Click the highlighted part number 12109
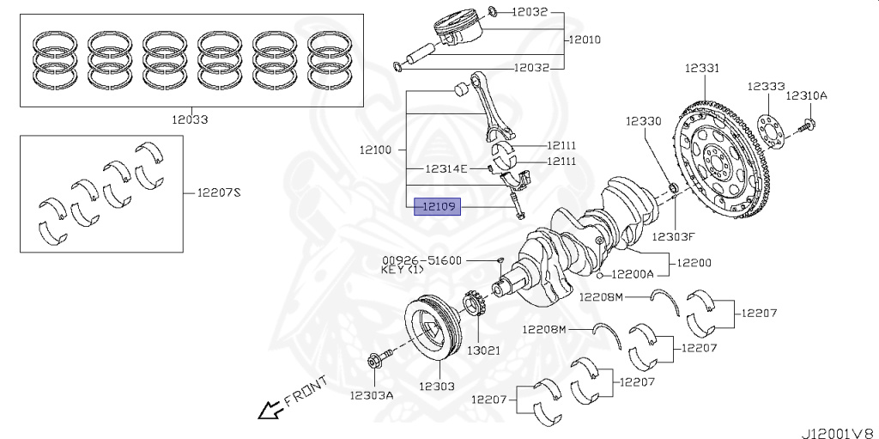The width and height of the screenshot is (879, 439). tap(438, 207)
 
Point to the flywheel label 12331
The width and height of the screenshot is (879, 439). tap(702, 68)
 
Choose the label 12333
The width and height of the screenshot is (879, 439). tap(765, 87)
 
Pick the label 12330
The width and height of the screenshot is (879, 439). tap(643, 122)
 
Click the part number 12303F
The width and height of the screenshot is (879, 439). tap(671, 235)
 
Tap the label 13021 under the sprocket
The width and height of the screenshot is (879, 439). tap(483, 351)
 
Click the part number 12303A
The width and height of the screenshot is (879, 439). tap(371, 395)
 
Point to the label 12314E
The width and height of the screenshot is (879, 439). tap(447, 168)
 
